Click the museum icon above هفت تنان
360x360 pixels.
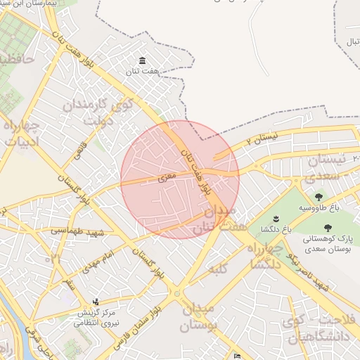click(x=143, y=60)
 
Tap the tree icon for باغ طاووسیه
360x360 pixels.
click(x=319, y=198)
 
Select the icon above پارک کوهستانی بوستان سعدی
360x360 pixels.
click(x=328, y=227)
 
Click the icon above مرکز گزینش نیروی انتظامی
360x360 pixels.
click(x=96, y=302)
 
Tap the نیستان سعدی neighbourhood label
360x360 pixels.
click(x=337, y=167)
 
